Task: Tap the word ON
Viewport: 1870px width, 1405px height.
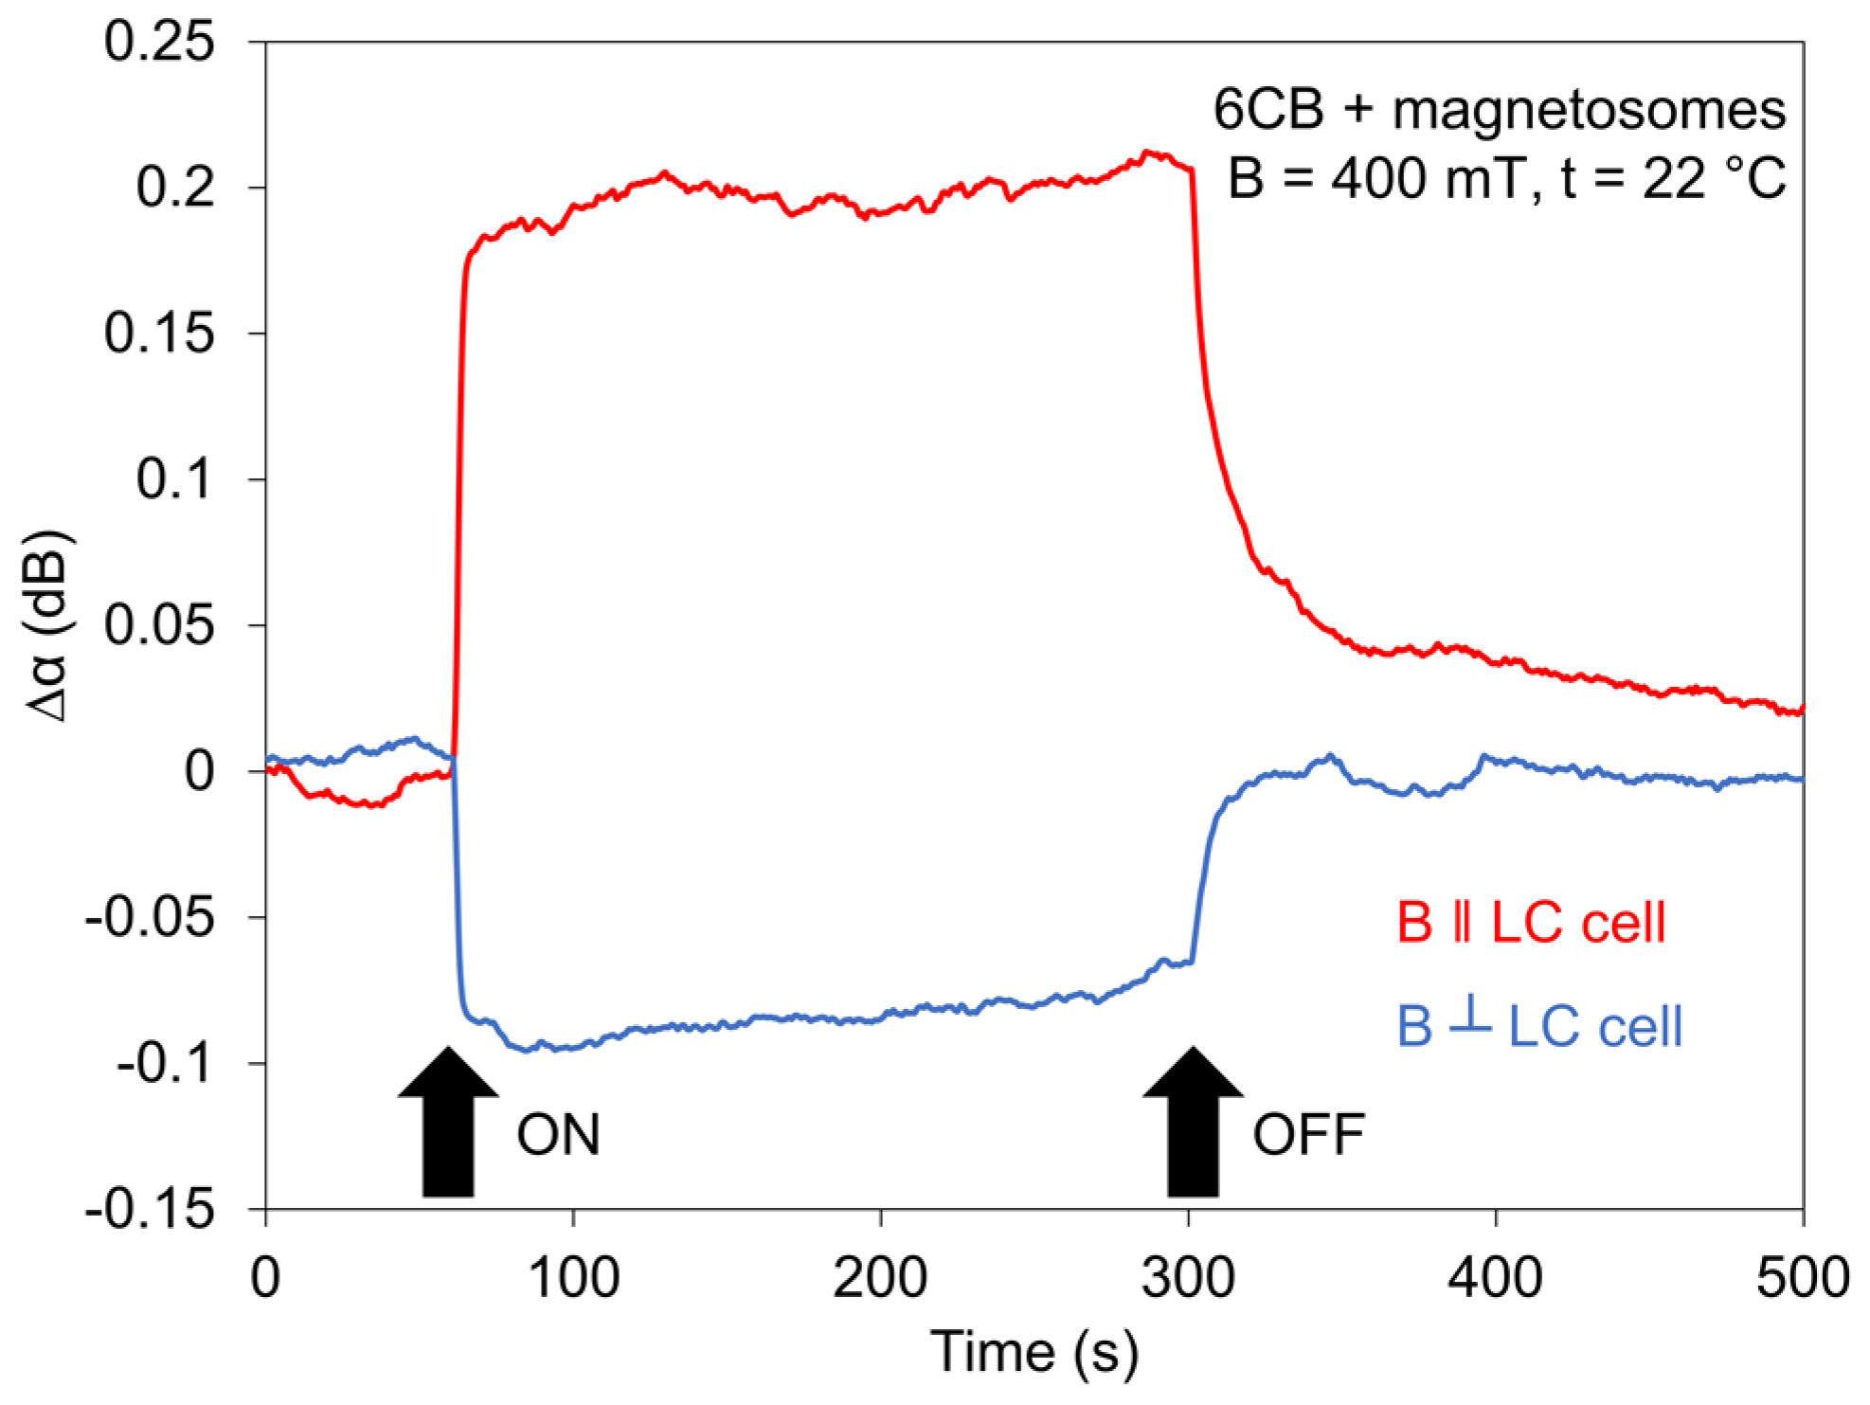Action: point(558,1134)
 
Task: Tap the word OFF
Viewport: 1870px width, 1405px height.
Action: point(1308,1134)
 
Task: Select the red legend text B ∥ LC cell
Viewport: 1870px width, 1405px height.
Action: point(1531,922)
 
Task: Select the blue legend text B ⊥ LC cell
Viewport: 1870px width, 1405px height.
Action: point(1539,1025)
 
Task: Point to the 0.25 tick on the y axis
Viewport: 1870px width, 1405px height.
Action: point(159,42)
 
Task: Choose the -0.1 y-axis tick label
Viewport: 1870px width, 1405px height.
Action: point(166,1063)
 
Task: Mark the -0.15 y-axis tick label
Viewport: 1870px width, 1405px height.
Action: point(150,1209)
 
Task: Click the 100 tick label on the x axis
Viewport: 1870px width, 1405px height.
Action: point(573,1277)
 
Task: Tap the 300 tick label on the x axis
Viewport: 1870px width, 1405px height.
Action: point(1188,1277)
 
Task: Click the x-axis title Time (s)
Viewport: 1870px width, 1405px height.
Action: point(1034,1352)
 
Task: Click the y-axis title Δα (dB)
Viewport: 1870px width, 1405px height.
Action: point(47,625)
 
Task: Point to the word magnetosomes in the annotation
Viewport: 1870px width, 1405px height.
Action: point(1589,109)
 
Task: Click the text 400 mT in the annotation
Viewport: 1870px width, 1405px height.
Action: point(1428,177)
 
